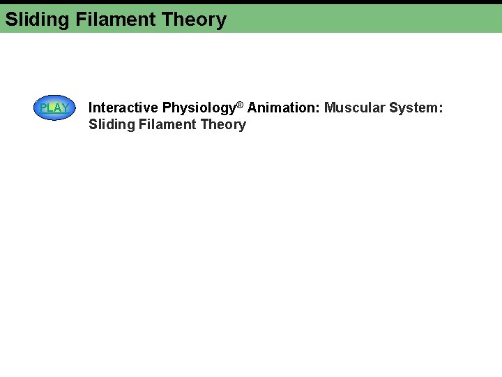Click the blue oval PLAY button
click(x=54, y=108)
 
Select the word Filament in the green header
click(x=116, y=20)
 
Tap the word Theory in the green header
click(x=194, y=20)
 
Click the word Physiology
click(x=199, y=108)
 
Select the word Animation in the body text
click(x=281, y=108)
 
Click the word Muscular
click(x=354, y=108)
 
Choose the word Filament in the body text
click(x=169, y=124)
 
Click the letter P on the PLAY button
click(x=43, y=108)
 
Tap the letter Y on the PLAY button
click(x=64, y=108)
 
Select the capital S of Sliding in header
click(x=10, y=20)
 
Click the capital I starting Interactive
click(x=91, y=108)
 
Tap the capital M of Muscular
click(x=330, y=108)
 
